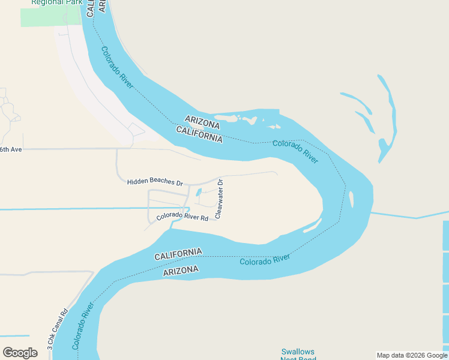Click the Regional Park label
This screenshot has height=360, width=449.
coord(56,3)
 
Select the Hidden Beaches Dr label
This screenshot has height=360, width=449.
coord(155,181)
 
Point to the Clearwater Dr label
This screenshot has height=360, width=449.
coord(219,198)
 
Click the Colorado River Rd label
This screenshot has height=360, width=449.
coord(182,217)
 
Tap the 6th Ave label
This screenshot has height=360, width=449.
coord(11,149)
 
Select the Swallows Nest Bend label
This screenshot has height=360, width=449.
coord(298,354)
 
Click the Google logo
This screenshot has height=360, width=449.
coord(20,353)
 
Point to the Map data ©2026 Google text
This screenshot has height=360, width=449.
coord(412,355)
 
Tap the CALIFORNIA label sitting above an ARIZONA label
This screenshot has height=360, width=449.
coord(178,254)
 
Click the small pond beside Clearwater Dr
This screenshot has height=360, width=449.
coord(199,192)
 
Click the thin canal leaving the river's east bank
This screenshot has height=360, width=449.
coord(408,215)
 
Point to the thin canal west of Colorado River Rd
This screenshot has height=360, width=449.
coord(72,209)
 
